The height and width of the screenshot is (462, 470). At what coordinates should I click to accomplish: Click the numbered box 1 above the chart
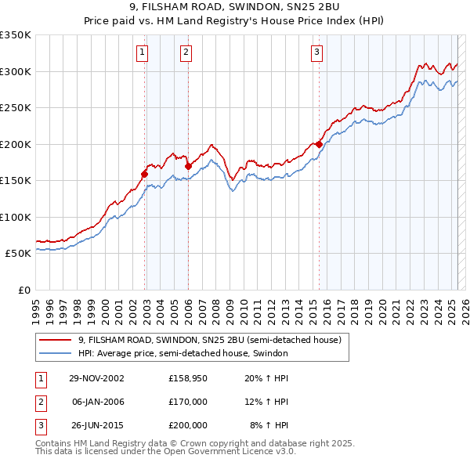(143, 52)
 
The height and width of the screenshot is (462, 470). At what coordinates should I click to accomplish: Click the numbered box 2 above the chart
(186, 52)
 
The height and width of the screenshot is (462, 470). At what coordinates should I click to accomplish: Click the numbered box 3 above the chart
(316, 52)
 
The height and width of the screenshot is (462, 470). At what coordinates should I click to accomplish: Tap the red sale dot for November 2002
(145, 174)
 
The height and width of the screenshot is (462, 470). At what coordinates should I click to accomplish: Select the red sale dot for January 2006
(188, 166)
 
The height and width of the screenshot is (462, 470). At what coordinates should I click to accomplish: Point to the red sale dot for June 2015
(319, 144)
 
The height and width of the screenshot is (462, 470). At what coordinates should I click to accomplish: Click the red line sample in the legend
(55, 341)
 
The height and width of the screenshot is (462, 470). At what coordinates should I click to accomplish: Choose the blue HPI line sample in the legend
(55, 353)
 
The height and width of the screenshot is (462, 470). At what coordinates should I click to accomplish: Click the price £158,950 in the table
(188, 379)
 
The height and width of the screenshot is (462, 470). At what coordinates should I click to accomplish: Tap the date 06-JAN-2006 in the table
(97, 402)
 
